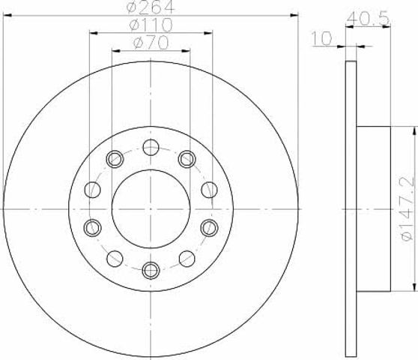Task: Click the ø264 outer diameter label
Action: click(x=151, y=7)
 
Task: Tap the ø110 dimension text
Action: click(x=151, y=25)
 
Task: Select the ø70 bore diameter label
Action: click(x=151, y=43)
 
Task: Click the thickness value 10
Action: click(x=322, y=38)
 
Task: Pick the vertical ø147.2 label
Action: click(x=408, y=209)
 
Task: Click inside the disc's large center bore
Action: click(x=151, y=209)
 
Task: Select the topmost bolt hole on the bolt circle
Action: click(x=151, y=147)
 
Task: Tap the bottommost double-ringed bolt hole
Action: click(x=151, y=271)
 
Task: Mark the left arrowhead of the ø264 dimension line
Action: click(x=7, y=16)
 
